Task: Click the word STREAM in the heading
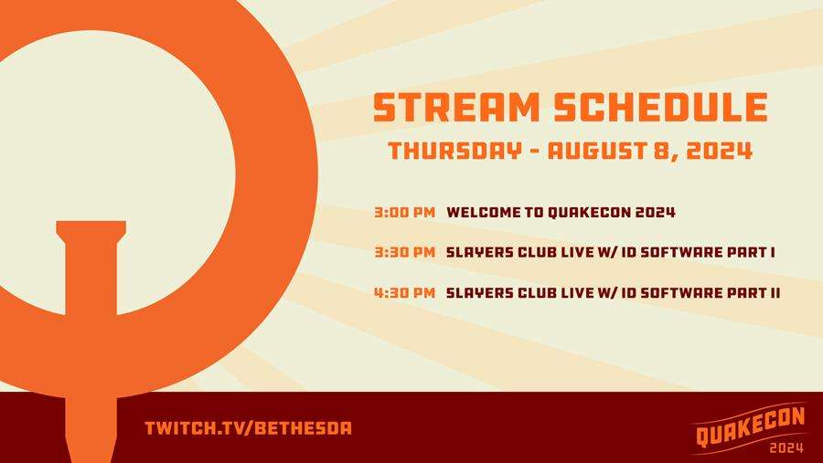[x=456, y=108]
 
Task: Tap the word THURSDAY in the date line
[x=455, y=151]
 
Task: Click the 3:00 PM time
[x=405, y=213]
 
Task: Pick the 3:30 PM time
[x=405, y=252]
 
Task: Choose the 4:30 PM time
[x=405, y=292]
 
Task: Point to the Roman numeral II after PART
[x=775, y=292]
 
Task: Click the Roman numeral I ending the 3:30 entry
[x=773, y=252]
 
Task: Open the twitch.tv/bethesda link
[x=248, y=428]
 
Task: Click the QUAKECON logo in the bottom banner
[x=750, y=426]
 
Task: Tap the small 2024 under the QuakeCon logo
[x=786, y=447]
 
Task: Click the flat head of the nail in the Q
[x=91, y=229]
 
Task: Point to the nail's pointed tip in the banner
[x=91, y=459]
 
